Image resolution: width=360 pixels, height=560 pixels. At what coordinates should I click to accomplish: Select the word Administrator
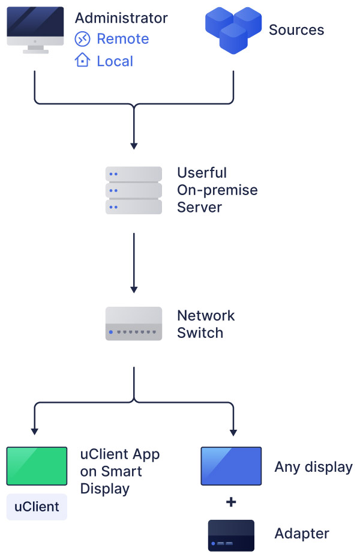[121, 18]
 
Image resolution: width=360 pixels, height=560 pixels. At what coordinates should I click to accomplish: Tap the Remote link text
[122, 39]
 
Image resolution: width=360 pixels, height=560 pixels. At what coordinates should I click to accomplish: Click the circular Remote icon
[82, 39]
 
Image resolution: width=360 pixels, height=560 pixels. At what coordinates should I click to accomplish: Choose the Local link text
[115, 61]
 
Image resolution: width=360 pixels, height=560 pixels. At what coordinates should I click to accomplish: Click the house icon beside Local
[82, 61]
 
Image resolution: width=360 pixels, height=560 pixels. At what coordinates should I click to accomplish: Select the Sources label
[296, 30]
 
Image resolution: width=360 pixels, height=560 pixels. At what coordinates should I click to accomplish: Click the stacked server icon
[134, 190]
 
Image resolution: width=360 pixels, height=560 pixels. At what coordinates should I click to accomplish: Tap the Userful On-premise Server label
[217, 190]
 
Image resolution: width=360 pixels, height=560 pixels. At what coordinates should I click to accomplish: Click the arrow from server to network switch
[134, 262]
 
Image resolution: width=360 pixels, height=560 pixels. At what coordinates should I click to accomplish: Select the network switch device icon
[134, 324]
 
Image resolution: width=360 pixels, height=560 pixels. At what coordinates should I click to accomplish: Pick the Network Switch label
[206, 324]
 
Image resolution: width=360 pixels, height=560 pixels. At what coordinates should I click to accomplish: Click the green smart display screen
[37, 466]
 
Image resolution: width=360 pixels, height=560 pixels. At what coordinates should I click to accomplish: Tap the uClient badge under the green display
[37, 507]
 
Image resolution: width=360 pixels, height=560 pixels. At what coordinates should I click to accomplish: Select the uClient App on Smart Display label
[120, 471]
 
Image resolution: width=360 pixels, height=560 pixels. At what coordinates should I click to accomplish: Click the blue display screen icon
[231, 466]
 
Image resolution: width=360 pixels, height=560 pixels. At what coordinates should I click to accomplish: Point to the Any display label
[313, 467]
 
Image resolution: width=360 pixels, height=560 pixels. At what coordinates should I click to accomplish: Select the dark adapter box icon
[231, 535]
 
